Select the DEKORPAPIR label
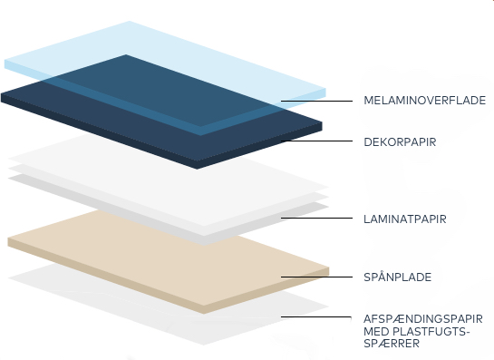point(401,141)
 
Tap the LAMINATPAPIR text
point(403,219)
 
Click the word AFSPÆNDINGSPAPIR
point(422,318)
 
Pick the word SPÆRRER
point(391,345)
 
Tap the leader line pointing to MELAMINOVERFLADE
point(317,100)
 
